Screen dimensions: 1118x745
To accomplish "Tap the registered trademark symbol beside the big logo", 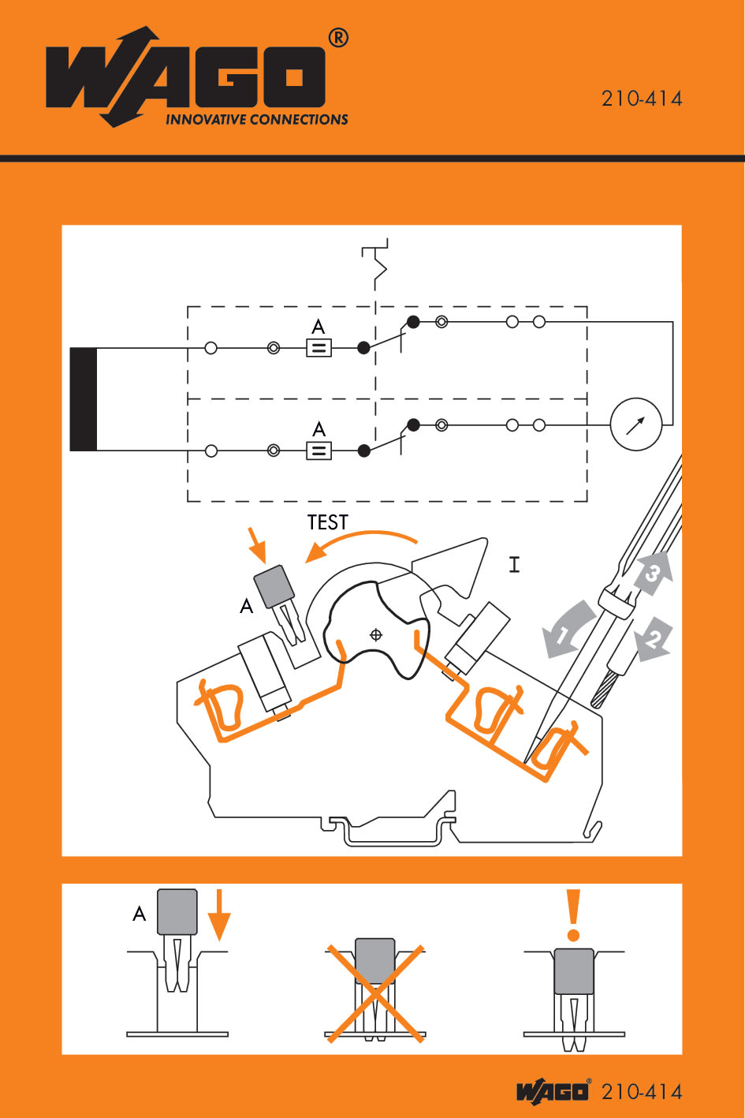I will pyautogui.click(x=337, y=38).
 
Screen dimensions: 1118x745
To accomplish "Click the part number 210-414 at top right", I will pyautogui.click(x=642, y=99).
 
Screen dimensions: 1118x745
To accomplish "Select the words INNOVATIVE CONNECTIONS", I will pyautogui.click(x=256, y=120).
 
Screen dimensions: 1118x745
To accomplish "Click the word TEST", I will pyautogui.click(x=327, y=522).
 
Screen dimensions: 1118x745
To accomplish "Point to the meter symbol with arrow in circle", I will pyautogui.click(x=636, y=424).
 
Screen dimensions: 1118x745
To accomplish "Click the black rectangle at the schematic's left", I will pyautogui.click(x=84, y=398).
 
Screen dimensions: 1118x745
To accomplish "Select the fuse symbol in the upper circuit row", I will pyautogui.click(x=318, y=348).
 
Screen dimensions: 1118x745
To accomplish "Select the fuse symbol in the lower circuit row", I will pyautogui.click(x=318, y=451).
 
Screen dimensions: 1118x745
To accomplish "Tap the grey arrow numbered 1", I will pyautogui.click(x=567, y=629).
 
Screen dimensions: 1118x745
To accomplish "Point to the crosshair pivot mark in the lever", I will pyautogui.click(x=376, y=634).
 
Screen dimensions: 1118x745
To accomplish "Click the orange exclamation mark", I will pyautogui.click(x=574, y=915).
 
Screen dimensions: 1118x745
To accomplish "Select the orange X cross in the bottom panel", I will pyautogui.click(x=375, y=993).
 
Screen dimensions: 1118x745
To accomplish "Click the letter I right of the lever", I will pyautogui.click(x=514, y=564).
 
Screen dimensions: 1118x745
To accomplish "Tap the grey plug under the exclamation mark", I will pyautogui.click(x=574, y=971).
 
